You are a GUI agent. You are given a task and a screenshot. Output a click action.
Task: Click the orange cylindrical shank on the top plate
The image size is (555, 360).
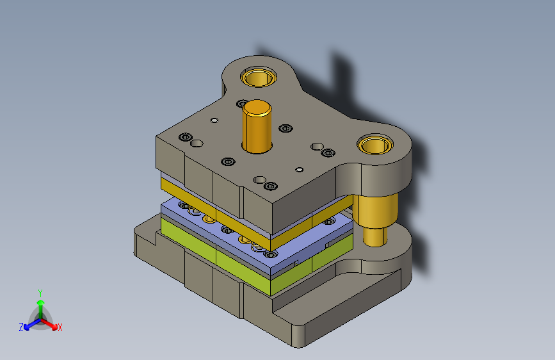[257, 127]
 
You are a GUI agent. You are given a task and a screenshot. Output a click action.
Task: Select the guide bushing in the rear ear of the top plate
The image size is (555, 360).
[259, 78]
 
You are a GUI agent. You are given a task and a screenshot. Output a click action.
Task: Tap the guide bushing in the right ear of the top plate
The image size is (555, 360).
[375, 144]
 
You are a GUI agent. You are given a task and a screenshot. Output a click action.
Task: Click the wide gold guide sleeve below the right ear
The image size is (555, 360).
[376, 211]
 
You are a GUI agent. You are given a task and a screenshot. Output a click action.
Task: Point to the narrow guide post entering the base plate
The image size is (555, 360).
[375, 238]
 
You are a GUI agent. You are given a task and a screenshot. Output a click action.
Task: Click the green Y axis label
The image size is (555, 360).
[40, 293]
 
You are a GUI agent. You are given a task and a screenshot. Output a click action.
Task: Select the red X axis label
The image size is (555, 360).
[60, 328]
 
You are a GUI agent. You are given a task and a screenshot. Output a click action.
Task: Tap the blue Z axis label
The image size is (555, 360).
[21, 327]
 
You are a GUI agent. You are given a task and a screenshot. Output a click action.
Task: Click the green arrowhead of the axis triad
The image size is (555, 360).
[41, 302]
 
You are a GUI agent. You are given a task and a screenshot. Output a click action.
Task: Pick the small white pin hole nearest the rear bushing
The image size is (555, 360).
[214, 120]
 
